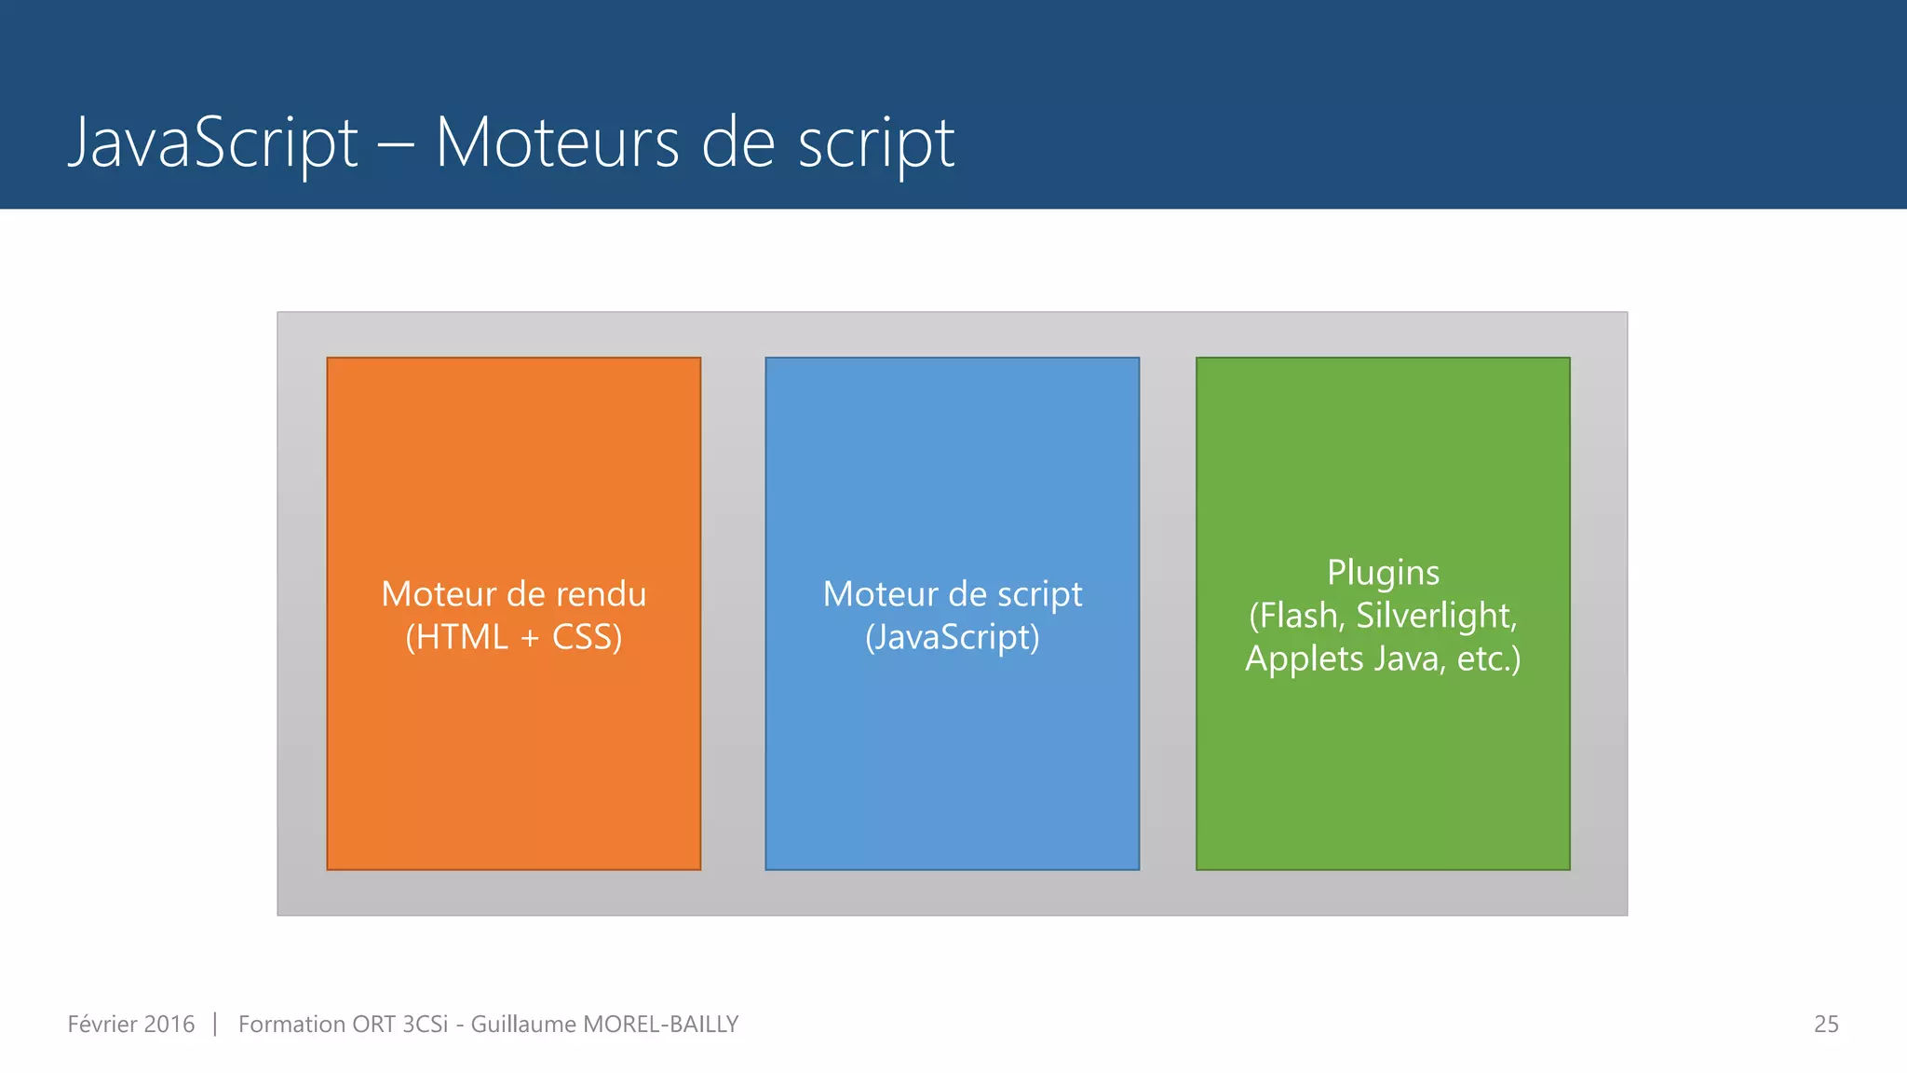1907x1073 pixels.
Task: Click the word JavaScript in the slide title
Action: coord(213,143)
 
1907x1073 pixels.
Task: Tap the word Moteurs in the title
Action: coord(557,143)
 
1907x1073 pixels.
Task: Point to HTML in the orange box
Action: coord(456,638)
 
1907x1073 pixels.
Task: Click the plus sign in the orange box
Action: coord(530,639)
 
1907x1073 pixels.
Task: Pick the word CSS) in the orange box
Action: coord(587,638)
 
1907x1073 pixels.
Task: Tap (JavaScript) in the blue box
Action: coord(952,638)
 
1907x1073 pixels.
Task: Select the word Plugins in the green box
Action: coord(1383,573)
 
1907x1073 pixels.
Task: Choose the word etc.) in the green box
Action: coord(1488,659)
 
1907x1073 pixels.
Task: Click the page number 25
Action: coord(1826,1025)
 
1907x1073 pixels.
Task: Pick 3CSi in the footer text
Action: coord(425,1025)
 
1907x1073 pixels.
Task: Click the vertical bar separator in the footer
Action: coord(215,1025)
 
